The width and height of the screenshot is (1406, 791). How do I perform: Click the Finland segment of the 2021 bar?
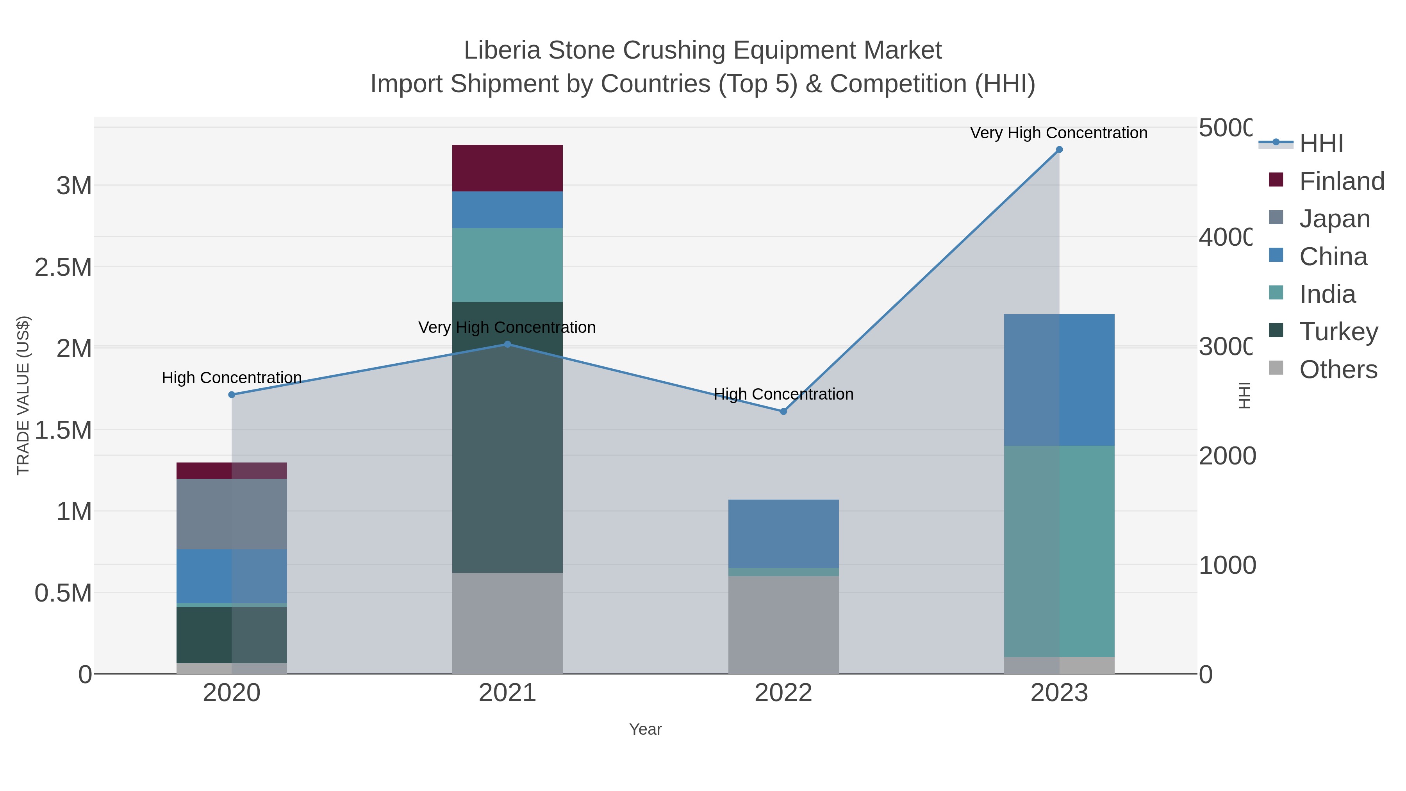[507, 168]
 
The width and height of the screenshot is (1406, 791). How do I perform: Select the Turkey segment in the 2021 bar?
[507, 437]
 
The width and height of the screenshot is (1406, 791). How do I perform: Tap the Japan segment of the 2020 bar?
[232, 514]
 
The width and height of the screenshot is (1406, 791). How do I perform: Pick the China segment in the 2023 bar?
[1059, 380]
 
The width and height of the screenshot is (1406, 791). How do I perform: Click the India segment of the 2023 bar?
[1059, 551]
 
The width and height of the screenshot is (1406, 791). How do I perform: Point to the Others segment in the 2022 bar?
[783, 625]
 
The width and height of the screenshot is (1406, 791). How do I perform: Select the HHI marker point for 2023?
[1059, 150]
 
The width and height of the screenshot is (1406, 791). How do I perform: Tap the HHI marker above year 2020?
[232, 395]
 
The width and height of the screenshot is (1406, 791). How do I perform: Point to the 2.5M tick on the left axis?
[63, 268]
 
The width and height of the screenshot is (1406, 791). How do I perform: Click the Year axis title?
[645, 729]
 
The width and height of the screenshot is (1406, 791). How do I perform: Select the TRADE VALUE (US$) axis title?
[23, 395]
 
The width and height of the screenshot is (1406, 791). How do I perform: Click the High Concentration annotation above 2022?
[783, 394]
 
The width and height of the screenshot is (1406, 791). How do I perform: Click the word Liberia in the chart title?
[502, 50]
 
